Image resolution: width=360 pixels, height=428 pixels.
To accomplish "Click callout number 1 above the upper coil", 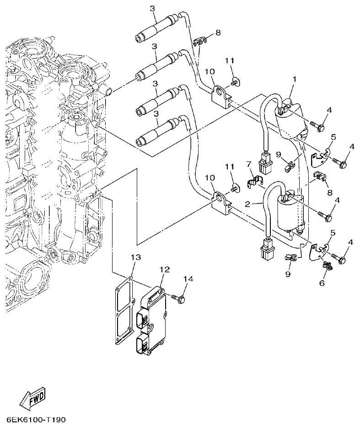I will click(x=295, y=79).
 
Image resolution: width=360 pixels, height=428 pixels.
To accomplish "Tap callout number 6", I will click(x=322, y=284).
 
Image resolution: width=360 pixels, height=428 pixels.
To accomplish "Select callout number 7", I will click(x=249, y=164).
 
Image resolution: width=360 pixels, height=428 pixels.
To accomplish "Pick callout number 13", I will click(x=134, y=257).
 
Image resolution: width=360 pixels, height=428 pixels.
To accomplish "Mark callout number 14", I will click(x=188, y=278).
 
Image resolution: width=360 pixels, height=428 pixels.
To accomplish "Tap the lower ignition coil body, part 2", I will click(x=291, y=213).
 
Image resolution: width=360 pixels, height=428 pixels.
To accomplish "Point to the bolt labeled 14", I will click(x=179, y=298).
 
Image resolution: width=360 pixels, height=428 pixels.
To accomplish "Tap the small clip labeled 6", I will click(x=327, y=266).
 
